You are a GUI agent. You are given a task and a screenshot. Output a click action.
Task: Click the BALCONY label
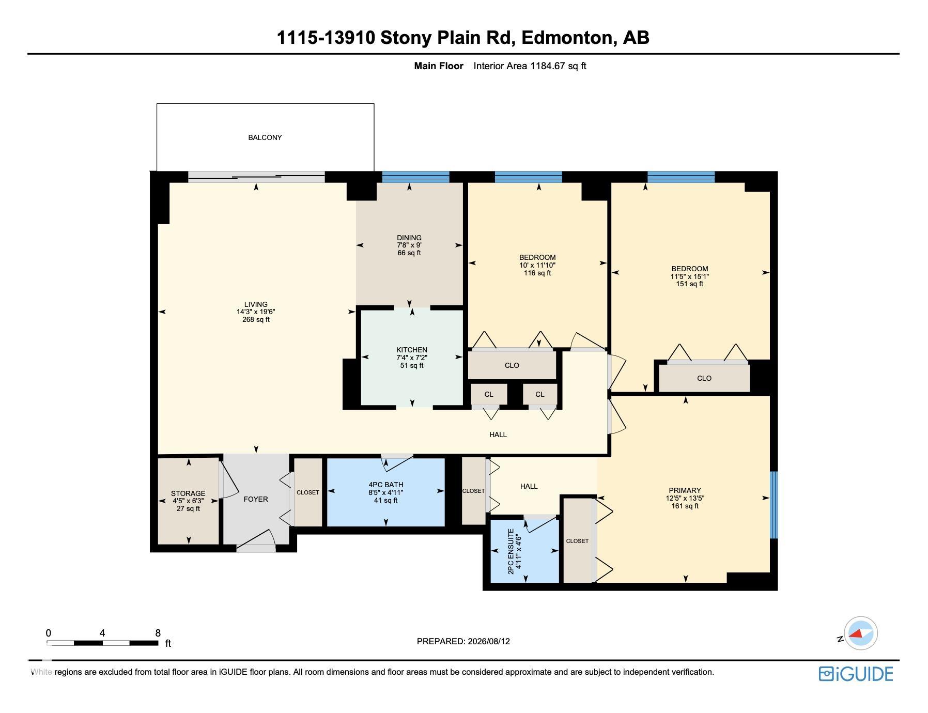[x=265, y=137]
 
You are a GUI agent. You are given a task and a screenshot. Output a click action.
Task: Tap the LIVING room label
[x=256, y=304]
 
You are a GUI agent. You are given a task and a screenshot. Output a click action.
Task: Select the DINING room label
[x=409, y=238]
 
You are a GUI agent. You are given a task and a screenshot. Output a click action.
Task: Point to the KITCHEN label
[x=412, y=350]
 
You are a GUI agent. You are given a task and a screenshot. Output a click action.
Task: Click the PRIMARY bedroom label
[x=685, y=490]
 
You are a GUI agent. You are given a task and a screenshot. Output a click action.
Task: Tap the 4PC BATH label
[x=386, y=485]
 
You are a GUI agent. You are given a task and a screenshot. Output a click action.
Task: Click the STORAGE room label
[x=188, y=493]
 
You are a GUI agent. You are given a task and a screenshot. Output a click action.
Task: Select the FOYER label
[x=256, y=499]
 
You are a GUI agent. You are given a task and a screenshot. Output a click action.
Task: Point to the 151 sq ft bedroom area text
[x=690, y=284]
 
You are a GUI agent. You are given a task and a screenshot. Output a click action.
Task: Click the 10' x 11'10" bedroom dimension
[x=537, y=265]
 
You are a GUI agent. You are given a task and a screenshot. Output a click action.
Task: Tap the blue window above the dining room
[x=415, y=177]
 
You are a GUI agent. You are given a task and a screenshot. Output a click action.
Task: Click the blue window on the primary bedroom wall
[x=774, y=505]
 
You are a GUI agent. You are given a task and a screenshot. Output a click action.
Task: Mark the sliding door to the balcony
[x=256, y=177]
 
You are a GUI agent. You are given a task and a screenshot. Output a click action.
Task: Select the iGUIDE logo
[x=856, y=674]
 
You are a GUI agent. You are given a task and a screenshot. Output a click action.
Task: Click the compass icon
[x=860, y=633]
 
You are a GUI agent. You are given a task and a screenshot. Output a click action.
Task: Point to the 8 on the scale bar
[x=158, y=633]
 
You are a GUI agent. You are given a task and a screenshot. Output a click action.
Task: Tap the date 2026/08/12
[x=489, y=641]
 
